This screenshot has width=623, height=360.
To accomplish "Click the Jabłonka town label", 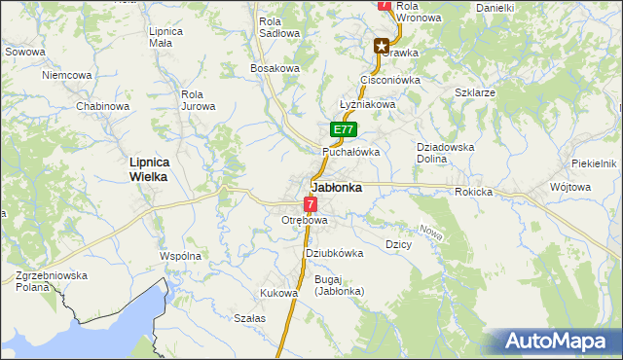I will pos(337,188).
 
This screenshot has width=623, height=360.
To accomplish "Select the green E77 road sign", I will pos(344,129).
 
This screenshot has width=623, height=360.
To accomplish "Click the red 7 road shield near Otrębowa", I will pos(310,204).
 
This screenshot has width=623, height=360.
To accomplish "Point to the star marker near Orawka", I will pos(383,45).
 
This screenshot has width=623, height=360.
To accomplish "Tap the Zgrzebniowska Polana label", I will pos(52,282).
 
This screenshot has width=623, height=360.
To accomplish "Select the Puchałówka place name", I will pos(350,152).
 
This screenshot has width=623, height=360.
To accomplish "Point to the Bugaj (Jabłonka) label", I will pos(339,285).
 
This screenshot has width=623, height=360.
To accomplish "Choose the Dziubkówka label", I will pos(334,253).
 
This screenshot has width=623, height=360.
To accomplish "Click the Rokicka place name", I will pos(473,192).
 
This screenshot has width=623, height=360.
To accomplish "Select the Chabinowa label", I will pos(103,106).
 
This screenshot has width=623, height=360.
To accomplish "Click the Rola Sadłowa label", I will pos(278,26).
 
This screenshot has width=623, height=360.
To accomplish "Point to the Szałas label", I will pos(250,318).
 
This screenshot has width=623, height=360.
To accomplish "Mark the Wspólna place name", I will pos(180,256).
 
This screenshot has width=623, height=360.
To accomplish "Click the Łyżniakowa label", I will pos(366,104).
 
